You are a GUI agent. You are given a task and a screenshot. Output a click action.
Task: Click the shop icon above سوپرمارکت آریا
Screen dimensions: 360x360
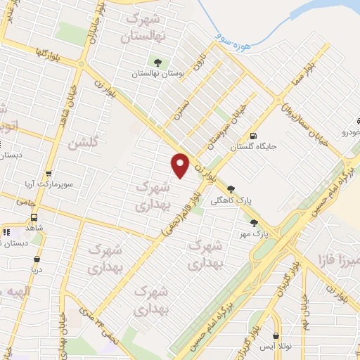pos(48,174)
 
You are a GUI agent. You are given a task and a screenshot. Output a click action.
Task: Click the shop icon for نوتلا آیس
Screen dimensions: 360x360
pos(276,336)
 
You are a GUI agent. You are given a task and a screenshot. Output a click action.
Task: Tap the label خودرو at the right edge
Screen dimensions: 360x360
pos(349,132)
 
